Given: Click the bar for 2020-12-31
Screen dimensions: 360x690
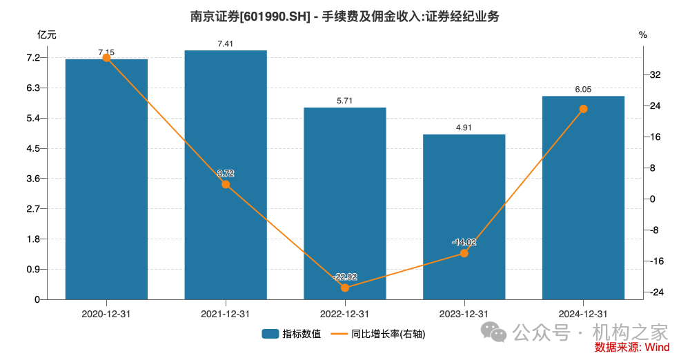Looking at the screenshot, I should click(x=106, y=179).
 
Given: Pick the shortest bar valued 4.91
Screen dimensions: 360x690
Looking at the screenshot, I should click(x=464, y=217).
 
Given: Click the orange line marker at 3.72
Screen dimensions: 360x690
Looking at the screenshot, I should click(x=226, y=184).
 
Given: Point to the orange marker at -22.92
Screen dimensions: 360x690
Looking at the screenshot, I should click(x=345, y=288).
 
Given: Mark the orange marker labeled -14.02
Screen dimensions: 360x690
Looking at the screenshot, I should click(x=464, y=253).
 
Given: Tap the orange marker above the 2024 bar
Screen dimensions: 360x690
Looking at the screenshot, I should click(x=583, y=109).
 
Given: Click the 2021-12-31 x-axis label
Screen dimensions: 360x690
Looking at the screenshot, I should click(x=226, y=314).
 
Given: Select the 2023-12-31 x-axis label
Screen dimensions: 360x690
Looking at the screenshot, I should click(x=464, y=314).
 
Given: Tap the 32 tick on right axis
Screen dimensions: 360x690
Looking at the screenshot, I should click(x=655, y=74).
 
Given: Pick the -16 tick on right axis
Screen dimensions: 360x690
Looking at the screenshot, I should click(x=655, y=261).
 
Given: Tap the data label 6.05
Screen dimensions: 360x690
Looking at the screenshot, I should click(x=583, y=89).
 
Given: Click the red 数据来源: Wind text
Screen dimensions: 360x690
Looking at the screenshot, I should click(x=631, y=347).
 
